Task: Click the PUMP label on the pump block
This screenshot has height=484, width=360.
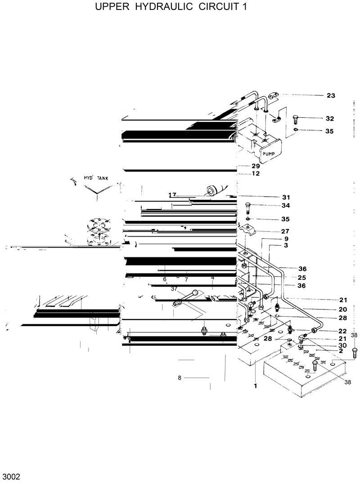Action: (269, 154)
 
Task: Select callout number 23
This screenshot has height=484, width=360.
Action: (331, 95)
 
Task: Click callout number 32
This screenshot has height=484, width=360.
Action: (330, 119)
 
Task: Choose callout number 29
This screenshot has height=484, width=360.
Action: (256, 166)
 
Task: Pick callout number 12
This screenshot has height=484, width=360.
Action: (256, 174)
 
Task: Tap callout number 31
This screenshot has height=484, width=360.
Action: (286, 197)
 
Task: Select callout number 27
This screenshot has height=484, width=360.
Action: (285, 231)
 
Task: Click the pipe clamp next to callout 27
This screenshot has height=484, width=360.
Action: (249, 230)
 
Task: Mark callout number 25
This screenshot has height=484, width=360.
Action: (289, 277)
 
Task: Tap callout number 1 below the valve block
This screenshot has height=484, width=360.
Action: (255, 385)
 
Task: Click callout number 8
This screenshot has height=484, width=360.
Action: (179, 378)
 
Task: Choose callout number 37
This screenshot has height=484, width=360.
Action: (174, 289)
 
